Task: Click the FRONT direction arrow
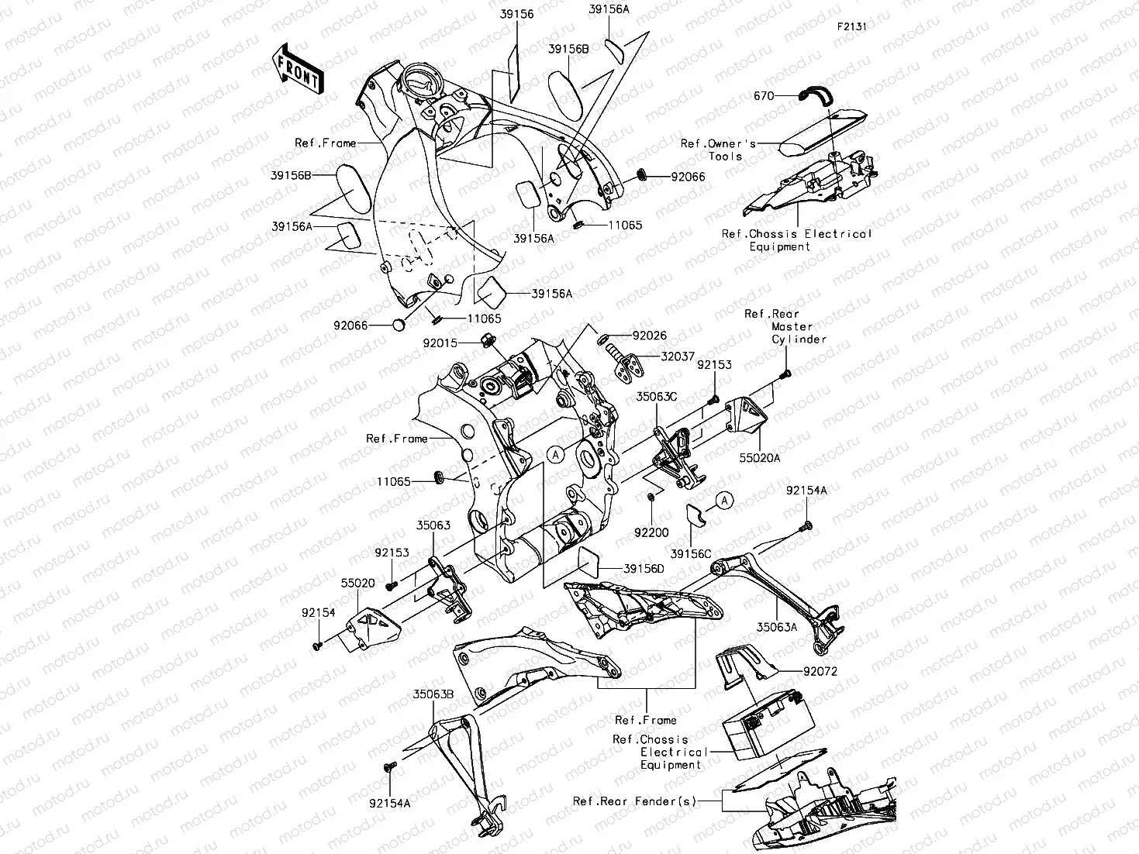299,70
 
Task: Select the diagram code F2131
851,26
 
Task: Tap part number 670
764,95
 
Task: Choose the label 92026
649,336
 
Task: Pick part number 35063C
657,396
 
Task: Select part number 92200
651,533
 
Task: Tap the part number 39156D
644,569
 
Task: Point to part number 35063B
433,694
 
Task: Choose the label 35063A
777,627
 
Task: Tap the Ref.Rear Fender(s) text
635,801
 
